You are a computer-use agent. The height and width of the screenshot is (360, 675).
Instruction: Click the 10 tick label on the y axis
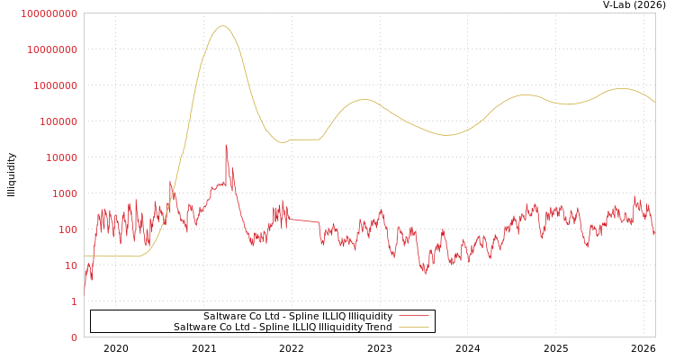pos(71,265)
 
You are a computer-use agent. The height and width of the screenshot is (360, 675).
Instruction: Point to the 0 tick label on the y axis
pos(75,337)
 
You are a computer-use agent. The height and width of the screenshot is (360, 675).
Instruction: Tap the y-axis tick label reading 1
pos(75,301)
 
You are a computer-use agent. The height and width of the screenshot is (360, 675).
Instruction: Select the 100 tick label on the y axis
pos(68,229)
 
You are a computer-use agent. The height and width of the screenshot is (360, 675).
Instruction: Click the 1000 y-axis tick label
pos(66,193)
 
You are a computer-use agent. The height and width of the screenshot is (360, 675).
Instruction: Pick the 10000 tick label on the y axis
pos(62,157)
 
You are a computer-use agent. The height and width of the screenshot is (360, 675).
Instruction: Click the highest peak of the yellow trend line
pos(222,25)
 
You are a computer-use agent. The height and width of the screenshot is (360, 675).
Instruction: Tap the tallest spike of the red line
pos(226,145)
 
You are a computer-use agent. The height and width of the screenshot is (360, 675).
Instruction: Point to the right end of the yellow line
pos(654,102)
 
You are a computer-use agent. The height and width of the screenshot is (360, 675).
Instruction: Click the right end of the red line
pos(654,234)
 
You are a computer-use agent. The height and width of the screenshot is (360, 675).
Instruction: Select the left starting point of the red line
pos(85,290)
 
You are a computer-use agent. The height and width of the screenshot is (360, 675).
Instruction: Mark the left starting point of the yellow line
pos(85,256)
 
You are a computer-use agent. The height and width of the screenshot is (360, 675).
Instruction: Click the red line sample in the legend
pos(413,316)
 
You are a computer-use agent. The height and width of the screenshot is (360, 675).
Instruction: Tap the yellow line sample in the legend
pos(413,327)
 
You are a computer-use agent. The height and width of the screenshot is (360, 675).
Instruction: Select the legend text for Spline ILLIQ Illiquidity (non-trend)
pos(298,316)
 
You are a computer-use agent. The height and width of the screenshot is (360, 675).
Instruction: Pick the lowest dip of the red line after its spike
pos(425,272)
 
